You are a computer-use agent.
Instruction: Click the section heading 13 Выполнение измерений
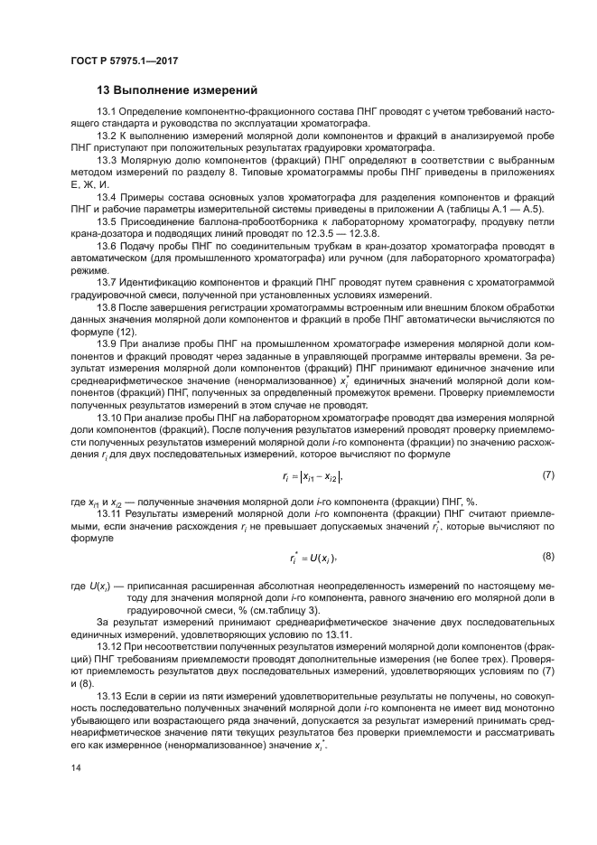(x=177, y=91)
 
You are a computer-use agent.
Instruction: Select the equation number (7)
(x=547, y=474)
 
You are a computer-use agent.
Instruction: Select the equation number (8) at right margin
(x=547, y=556)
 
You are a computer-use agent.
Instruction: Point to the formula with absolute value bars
(x=312, y=475)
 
